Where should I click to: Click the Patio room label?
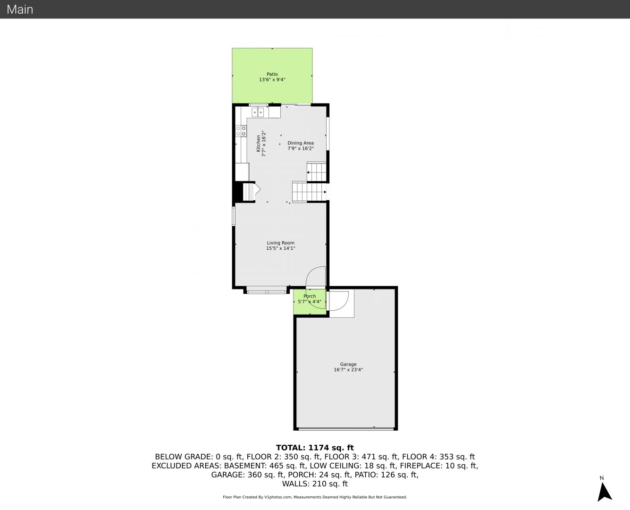[x=272, y=74]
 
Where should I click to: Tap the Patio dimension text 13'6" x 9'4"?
[x=272, y=80]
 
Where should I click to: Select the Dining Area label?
[x=301, y=143]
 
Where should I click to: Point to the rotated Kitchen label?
[x=258, y=144]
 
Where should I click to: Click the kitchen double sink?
[x=258, y=112]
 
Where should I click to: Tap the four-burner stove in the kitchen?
[x=241, y=131]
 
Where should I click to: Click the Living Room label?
[x=280, y=243]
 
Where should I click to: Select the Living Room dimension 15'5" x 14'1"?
[x=280, y=248]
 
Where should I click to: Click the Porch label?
[x=310, y=296]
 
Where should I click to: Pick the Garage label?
[x=348, y=365]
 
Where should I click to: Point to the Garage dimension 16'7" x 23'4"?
[x=348, y=370]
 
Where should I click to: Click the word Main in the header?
[x=20, y=9]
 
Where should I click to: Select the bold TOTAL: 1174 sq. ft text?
[x=315, y=448]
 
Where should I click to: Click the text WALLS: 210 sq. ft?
[x=315, y=484]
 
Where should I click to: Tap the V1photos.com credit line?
[x=315, y=497]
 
